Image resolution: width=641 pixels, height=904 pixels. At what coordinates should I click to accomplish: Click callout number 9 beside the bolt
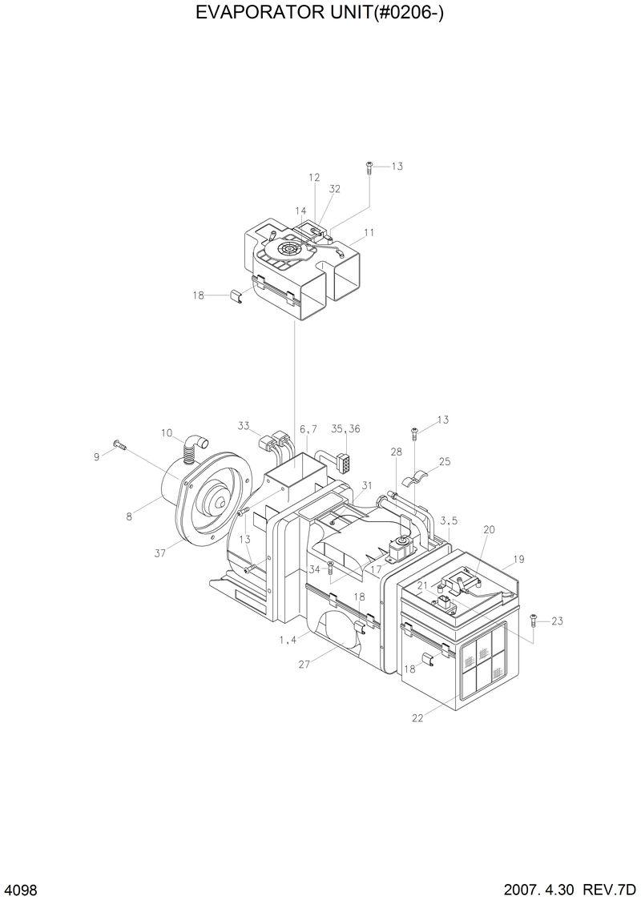tap(97, 456)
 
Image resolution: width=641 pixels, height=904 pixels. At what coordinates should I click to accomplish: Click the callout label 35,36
tap(346, 429)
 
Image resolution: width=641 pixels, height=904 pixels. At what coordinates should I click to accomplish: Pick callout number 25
tap(445, 462)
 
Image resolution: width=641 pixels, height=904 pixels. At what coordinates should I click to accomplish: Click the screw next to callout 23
tap(534, 619)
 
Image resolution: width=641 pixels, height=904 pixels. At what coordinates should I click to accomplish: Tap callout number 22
tap(417, 718)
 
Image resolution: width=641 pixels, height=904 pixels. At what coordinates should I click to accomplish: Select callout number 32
tap(335, 189)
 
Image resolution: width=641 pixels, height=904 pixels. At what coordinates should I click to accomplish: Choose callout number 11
tap(369, 233)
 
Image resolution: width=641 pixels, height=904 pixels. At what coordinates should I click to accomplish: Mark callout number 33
tap(244, 424)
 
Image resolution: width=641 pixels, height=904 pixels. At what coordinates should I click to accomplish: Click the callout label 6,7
tap(308, 430)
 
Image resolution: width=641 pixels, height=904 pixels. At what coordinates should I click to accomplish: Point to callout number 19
tap(518, 559)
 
